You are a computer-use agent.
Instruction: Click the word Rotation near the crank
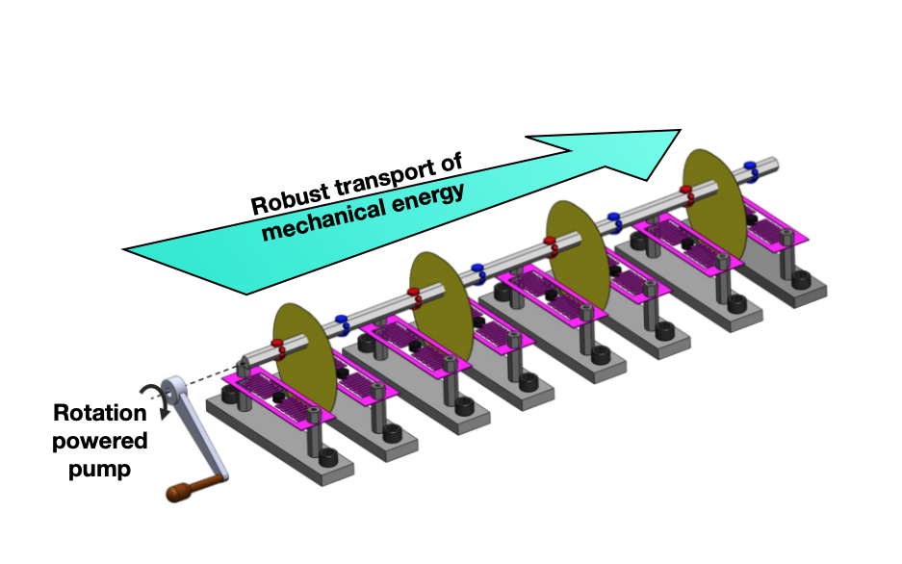click(100, 413)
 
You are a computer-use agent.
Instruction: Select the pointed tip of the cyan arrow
click(679, 132)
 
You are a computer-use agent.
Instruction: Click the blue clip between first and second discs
click(341, 320)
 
